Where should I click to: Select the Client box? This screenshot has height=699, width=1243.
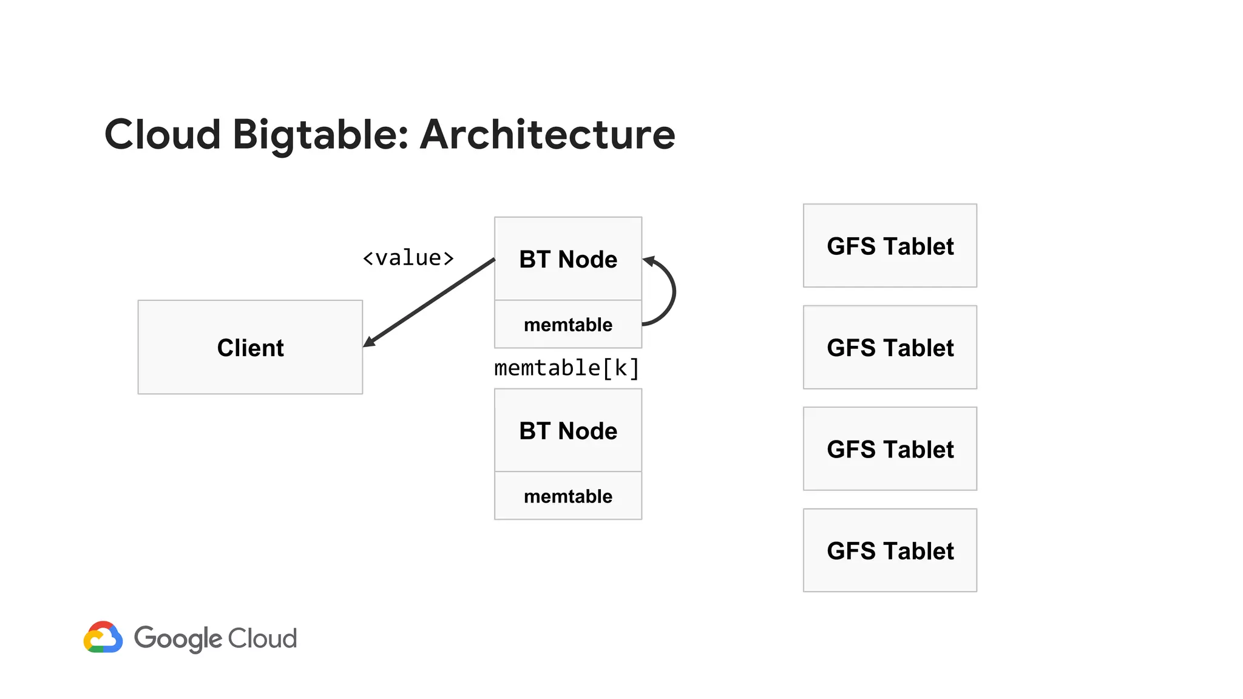[250, 347]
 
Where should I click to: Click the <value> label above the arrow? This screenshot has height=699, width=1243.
[408, 258]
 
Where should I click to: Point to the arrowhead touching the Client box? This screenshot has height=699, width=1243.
[369, 342]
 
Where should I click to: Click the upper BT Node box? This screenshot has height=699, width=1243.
[567, 259]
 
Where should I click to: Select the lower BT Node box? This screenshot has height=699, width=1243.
[567, 431]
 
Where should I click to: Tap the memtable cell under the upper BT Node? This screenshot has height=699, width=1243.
[567, 324]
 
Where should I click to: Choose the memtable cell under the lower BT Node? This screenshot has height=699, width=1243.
[567, 496]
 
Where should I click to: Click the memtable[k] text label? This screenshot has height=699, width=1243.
[566, 368]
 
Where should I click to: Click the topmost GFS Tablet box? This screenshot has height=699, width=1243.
[890, 246]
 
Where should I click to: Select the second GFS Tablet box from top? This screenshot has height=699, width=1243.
[890, 347]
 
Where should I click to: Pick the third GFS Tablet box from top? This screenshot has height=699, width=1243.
[890, 449]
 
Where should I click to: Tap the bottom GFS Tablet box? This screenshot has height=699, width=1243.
[890, 550]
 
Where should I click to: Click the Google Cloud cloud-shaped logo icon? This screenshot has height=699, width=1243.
[103, 637]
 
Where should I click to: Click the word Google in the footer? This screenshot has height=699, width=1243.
[178, 638]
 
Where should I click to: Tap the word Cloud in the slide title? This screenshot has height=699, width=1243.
[163, 135]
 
